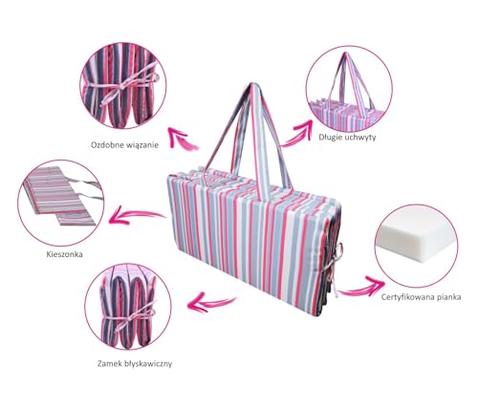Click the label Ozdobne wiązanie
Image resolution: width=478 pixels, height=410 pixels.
pos(124,145)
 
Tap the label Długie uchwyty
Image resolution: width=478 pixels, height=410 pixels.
pos(347,138)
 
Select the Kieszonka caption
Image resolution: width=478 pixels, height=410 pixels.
pos(65,254)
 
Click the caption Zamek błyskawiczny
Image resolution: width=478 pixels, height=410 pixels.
pos(135,363)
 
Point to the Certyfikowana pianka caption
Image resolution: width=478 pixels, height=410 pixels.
pos(421,297)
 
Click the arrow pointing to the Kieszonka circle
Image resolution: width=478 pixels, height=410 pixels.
pos(137,215)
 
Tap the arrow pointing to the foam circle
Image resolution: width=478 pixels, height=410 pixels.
pos(361,287)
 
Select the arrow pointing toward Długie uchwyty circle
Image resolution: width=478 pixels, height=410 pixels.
pos(296,134)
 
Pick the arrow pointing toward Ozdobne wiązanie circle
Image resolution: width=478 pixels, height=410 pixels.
pos(183,140)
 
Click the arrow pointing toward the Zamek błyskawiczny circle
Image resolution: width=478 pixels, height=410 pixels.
pos(211,302)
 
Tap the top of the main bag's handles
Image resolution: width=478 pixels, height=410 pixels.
pos(253,85)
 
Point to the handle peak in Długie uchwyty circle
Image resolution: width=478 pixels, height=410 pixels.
pos(346,54)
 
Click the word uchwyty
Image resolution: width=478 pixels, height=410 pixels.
pos(360,138)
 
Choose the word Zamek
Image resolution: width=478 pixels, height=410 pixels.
pos(108,363)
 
